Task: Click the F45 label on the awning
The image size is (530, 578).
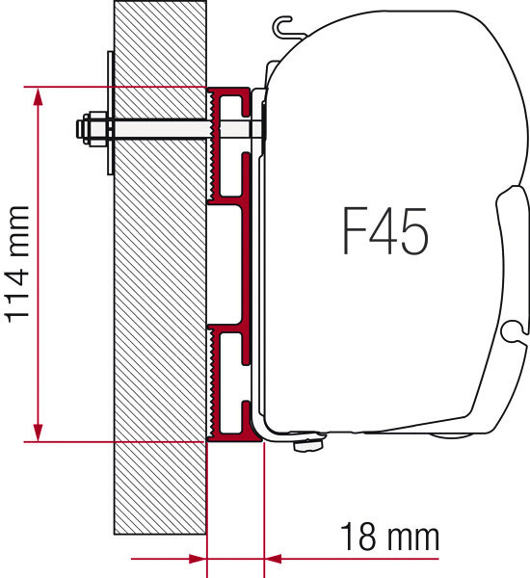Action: point(385,231)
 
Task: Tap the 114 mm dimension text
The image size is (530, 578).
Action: point(16,265)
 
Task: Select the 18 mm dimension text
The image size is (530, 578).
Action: point(390,537)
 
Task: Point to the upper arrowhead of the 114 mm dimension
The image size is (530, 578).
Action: point(38,96)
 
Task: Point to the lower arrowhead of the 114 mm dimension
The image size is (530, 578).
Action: point(38,432)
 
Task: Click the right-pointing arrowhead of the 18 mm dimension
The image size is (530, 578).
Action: point(197,559)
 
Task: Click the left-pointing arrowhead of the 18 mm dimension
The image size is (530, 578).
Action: point(274,559)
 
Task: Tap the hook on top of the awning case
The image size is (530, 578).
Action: point(285,28)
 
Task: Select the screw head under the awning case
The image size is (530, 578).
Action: point(309,444)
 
